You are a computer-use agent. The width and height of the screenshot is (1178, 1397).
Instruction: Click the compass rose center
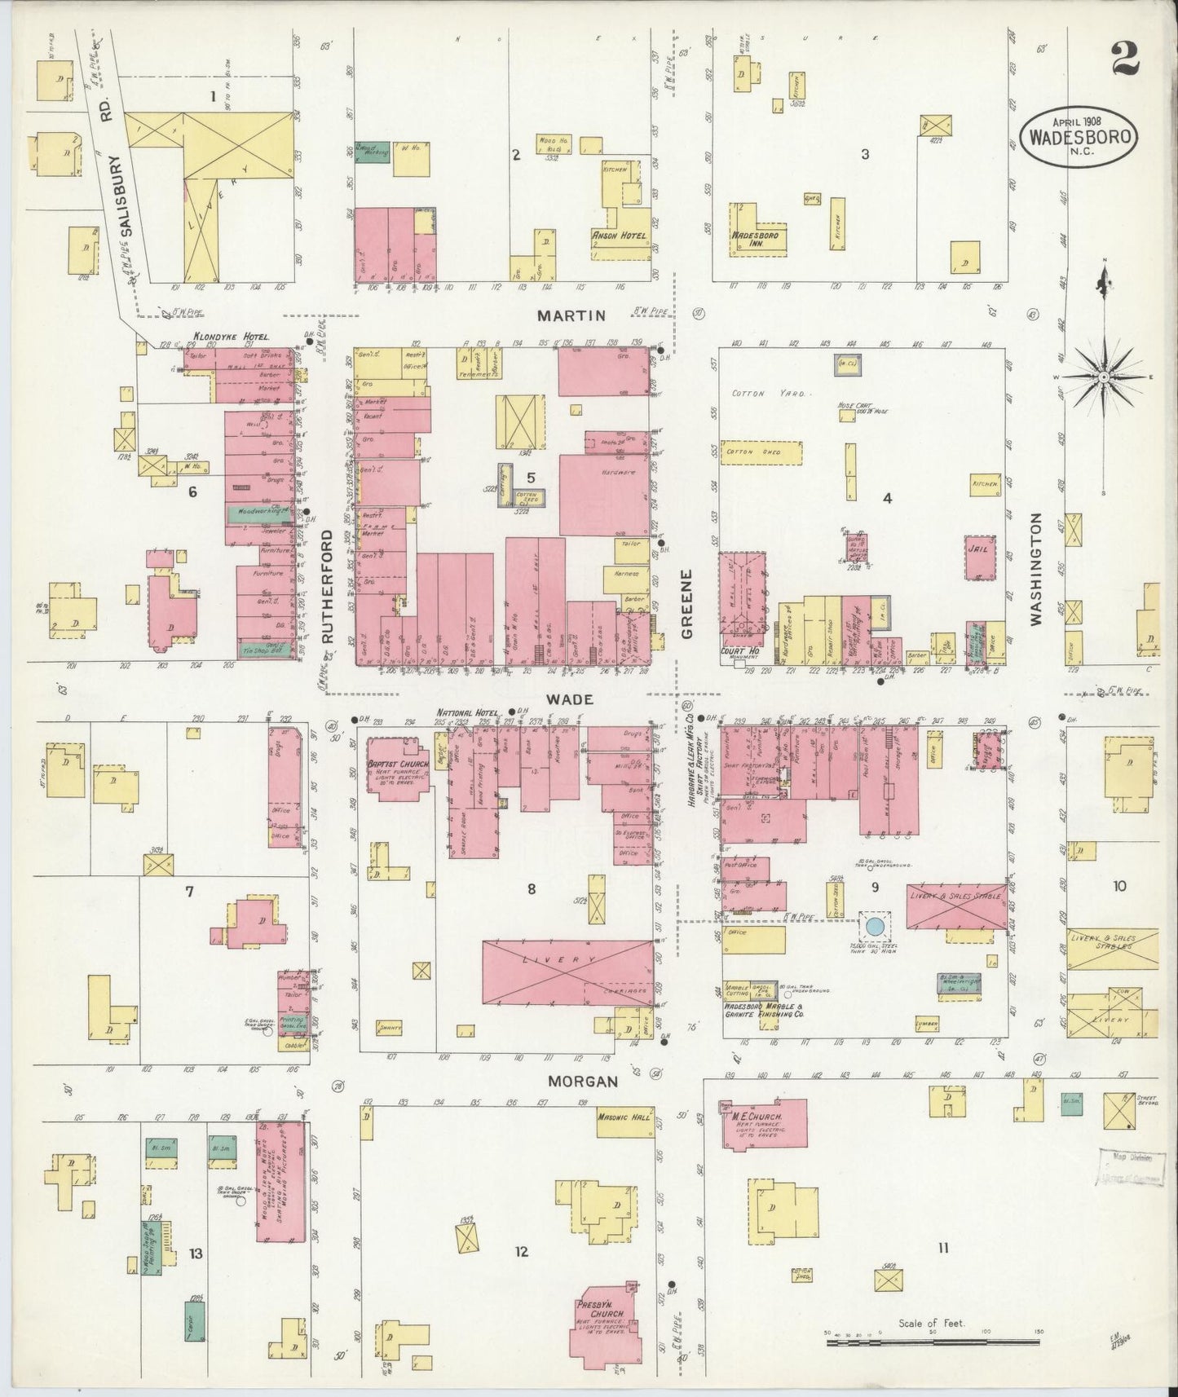coord(1103,377)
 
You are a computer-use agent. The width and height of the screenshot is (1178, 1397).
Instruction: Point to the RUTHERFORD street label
coord(329,586)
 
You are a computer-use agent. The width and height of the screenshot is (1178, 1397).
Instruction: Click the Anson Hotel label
coord(618,236)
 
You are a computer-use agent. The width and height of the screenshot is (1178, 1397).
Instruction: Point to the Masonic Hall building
coord(624,1119)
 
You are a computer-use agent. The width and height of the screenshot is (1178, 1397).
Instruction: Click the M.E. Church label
coord(757,1116)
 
